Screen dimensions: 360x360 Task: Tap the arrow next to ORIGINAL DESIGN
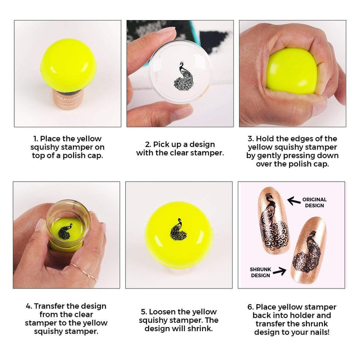[x=294, y=201]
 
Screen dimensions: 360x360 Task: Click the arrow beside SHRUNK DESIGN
[x=280, y=271]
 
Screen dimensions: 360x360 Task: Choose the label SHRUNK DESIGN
[x=260, y=273]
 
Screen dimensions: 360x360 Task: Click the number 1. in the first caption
[x=36, y=139]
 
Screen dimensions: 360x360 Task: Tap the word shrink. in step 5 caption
[x=202, y=329]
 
